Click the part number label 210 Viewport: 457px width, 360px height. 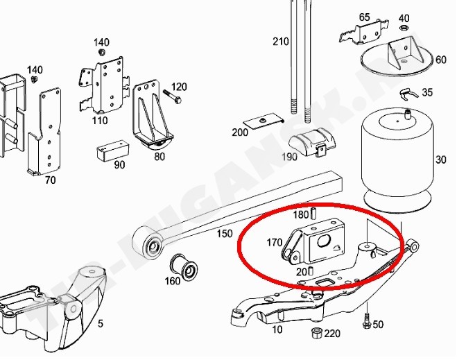coord(279,42)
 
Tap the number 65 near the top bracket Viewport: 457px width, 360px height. coord(365,17)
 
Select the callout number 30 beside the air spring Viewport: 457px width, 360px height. coord(441,160)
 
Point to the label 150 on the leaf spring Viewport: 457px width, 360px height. coord(224,234)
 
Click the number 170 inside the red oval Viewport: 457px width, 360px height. coord(274,243)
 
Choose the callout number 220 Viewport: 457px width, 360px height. coord(333,334)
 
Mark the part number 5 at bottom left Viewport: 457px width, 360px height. coord(100,323)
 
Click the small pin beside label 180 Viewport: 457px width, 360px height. coord(313,214)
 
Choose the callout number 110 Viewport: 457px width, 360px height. coord(100,120)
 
